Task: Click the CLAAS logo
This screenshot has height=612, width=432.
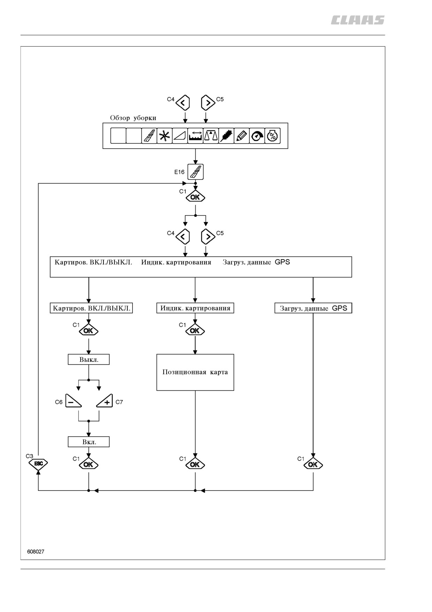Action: [x=358, y=20]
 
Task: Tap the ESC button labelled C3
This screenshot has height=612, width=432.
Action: [x=38, y=464]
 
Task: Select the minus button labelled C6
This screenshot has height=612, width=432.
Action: [x=73, y=401]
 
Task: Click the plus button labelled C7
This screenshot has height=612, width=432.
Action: [x=105, y=401]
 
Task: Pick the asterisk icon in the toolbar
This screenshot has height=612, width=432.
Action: [x=164, y=136]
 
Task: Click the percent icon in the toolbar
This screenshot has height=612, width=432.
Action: [x=272, y=136]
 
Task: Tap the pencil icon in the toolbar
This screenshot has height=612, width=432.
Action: [x=242, y=136]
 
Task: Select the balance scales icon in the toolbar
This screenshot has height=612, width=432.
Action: [x=211, y=136]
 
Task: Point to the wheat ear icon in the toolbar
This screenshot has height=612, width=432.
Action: [x=226, y=136]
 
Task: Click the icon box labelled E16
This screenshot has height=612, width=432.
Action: [x=195, y=172]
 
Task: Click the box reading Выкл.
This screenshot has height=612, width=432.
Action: [x=89, y=359]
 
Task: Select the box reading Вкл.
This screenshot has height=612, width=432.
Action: [x=89, y=442]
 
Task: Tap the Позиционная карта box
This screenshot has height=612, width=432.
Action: [x=195, y=372]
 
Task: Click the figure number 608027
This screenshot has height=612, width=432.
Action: [x=36, y=552]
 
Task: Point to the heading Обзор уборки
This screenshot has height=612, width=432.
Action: [x=133, y=118]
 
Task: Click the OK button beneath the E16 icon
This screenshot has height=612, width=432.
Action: [x=195, y=197]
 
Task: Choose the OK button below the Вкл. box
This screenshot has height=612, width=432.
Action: [x=89, y=464]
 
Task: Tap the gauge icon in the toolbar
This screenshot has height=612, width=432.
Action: [x=257, y=136]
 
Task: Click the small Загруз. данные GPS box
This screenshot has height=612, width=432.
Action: [x=313, y=308]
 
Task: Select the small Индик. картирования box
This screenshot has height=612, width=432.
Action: [x=195, y=308]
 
